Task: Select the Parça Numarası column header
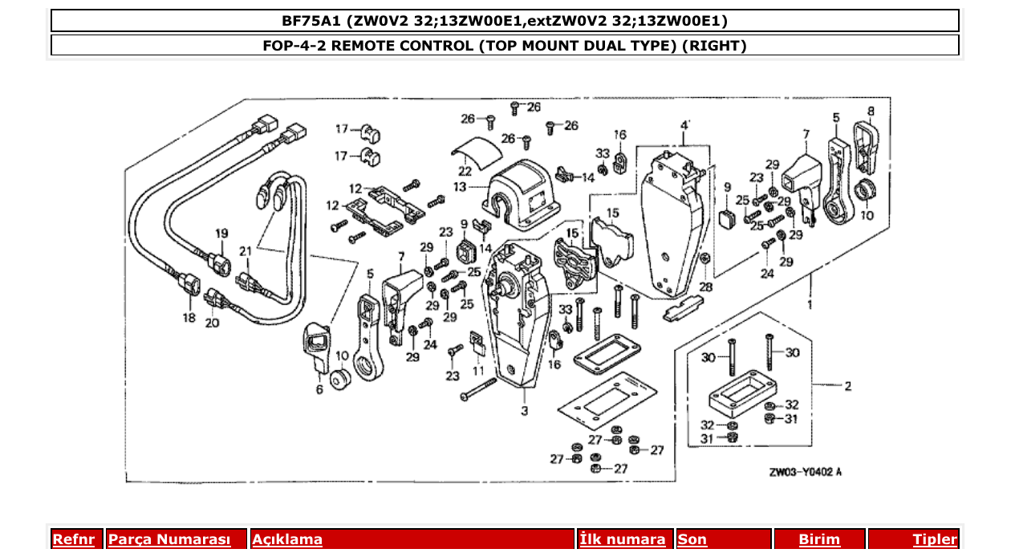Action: (x=169, y=540)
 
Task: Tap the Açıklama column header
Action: (x=287, y=540)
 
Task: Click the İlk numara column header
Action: (x=623, y=540)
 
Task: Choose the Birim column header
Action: (x=819, y=540)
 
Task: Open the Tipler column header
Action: (x=935, y=540)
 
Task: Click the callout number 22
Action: (x=465, y=171)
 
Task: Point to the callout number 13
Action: (x=459, y=187)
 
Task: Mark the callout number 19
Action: (x=222, y=234)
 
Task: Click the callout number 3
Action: (x=524, y=412)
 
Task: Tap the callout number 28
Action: (x=705, y=287)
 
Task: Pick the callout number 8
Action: (x=871, y=111)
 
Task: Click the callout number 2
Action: (x=847, y=386)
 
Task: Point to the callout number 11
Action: (x=479, y=371)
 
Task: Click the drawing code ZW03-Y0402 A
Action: (x=805, y=472)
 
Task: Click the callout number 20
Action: (x=212, y=323)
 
